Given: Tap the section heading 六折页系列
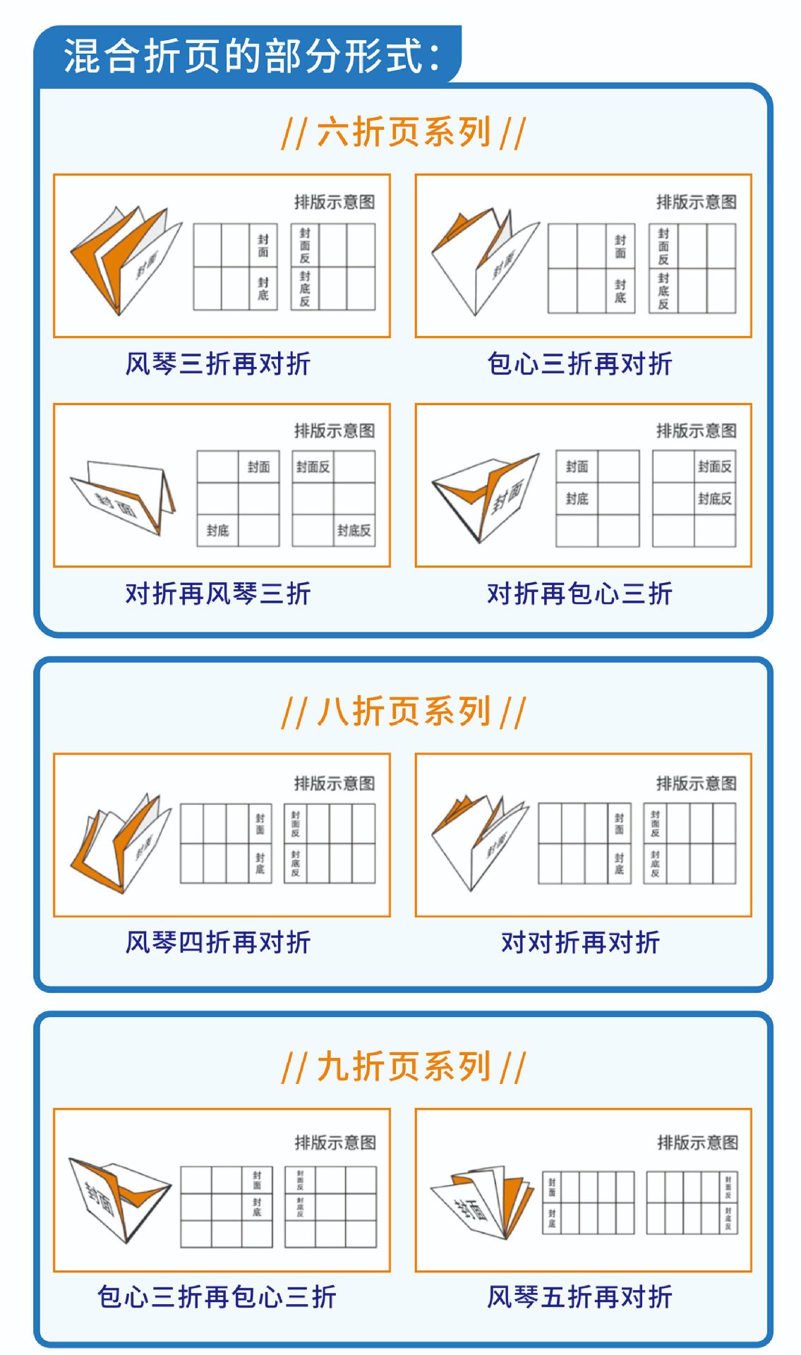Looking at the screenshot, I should [403, 132].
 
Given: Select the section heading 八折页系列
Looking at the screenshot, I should [403, 711].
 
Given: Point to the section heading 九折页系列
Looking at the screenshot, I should [403, 1066].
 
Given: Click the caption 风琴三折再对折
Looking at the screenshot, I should [218, 364].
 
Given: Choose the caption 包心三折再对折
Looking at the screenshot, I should [579, 364].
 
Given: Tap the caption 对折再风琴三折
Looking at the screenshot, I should [218, 594].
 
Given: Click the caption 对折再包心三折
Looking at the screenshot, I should [579, 594].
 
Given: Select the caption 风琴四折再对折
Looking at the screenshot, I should [218, 942].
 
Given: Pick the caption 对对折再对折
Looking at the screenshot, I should [580, 942].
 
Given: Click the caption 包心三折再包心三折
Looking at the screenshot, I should [217, 1296].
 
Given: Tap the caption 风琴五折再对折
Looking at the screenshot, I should [579, 1296].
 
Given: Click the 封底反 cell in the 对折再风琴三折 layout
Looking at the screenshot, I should [354, 531].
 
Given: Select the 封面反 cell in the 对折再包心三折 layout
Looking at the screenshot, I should [714, 466].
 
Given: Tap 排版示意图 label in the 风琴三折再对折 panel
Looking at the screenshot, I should [335, 203].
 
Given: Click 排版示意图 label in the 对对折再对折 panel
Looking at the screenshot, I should [696, 783].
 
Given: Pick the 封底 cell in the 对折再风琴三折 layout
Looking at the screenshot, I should [217, 531].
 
